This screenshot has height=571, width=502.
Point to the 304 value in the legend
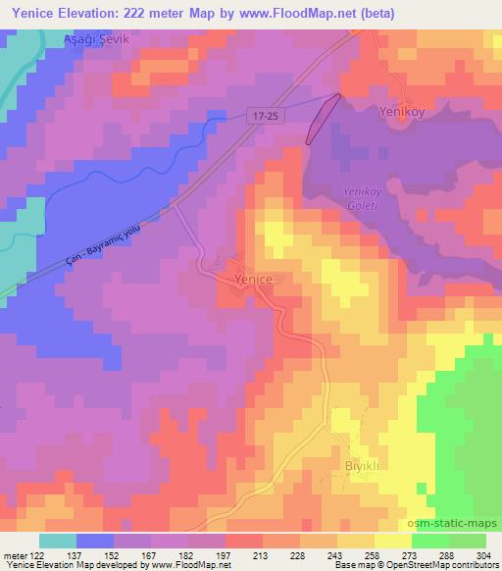[483, 554]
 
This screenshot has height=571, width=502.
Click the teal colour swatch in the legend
[59, 541]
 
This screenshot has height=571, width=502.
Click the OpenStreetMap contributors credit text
[441, 565]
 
